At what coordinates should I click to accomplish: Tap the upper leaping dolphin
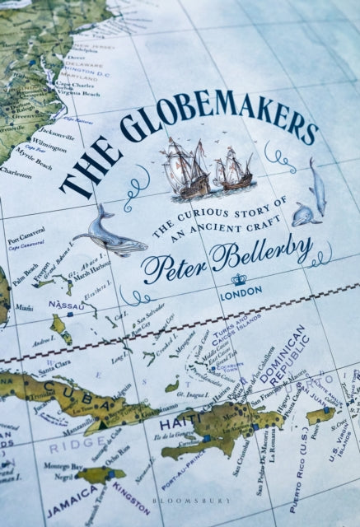click(x=317, y=186)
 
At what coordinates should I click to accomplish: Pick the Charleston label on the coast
click(x=16, y=175)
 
